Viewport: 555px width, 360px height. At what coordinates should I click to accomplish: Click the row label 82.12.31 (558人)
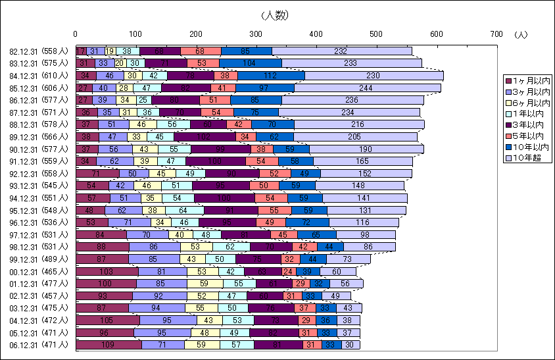(39, 51)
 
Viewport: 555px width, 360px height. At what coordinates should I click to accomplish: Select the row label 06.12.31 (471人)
(39, 344)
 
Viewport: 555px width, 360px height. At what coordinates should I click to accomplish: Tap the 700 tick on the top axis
(496, 34)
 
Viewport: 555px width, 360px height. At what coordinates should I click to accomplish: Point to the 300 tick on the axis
(256, 34)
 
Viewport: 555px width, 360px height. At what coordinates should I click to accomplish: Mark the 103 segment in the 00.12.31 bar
(107, 270)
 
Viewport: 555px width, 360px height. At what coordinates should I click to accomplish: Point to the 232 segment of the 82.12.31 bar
(341, 51)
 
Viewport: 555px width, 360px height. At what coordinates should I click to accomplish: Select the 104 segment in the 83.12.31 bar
(250, 63)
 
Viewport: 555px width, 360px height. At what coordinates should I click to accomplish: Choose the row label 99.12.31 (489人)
(39, 259)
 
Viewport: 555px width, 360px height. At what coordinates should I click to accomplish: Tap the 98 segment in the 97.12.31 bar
(366, 234)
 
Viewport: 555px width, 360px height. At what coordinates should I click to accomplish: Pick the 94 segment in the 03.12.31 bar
(157, 307)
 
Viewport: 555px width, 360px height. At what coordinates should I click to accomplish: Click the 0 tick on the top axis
(76, 34)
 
